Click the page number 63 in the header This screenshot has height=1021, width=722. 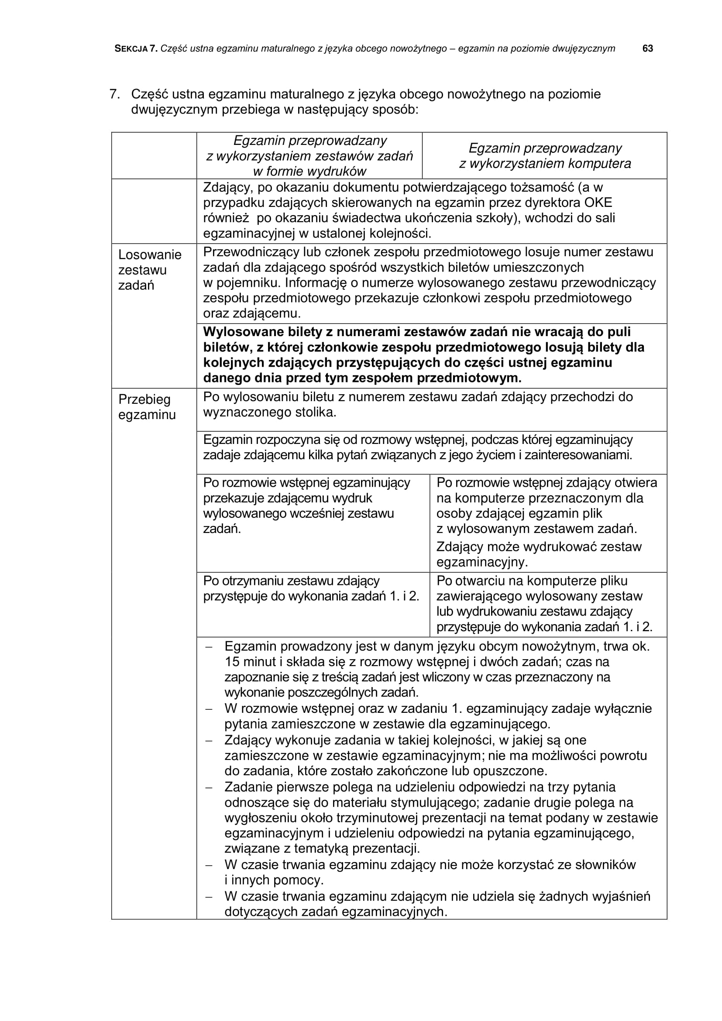[x=647, y=49]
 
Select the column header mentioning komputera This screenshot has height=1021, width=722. [x=545, y=156]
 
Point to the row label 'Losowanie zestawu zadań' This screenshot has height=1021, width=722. [x=149, y=270]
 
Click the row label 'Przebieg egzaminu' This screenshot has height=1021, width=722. [x=147, y=407]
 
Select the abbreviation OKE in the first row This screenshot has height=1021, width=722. [x=598, y=203]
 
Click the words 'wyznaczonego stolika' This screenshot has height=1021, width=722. [x=269, y=412]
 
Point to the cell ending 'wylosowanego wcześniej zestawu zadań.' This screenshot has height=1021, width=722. [x=307, y=505]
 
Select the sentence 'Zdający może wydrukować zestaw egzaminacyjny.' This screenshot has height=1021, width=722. [x=539, y=554]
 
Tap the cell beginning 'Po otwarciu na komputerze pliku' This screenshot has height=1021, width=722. [x=544, y=603]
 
